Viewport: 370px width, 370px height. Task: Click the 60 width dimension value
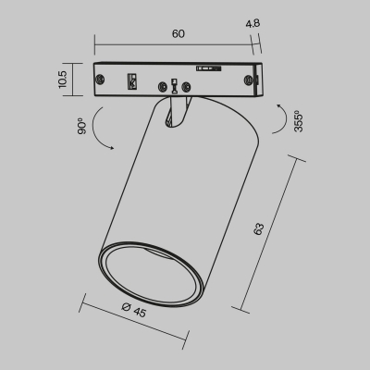pyautogui.click(x=178, y=34)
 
